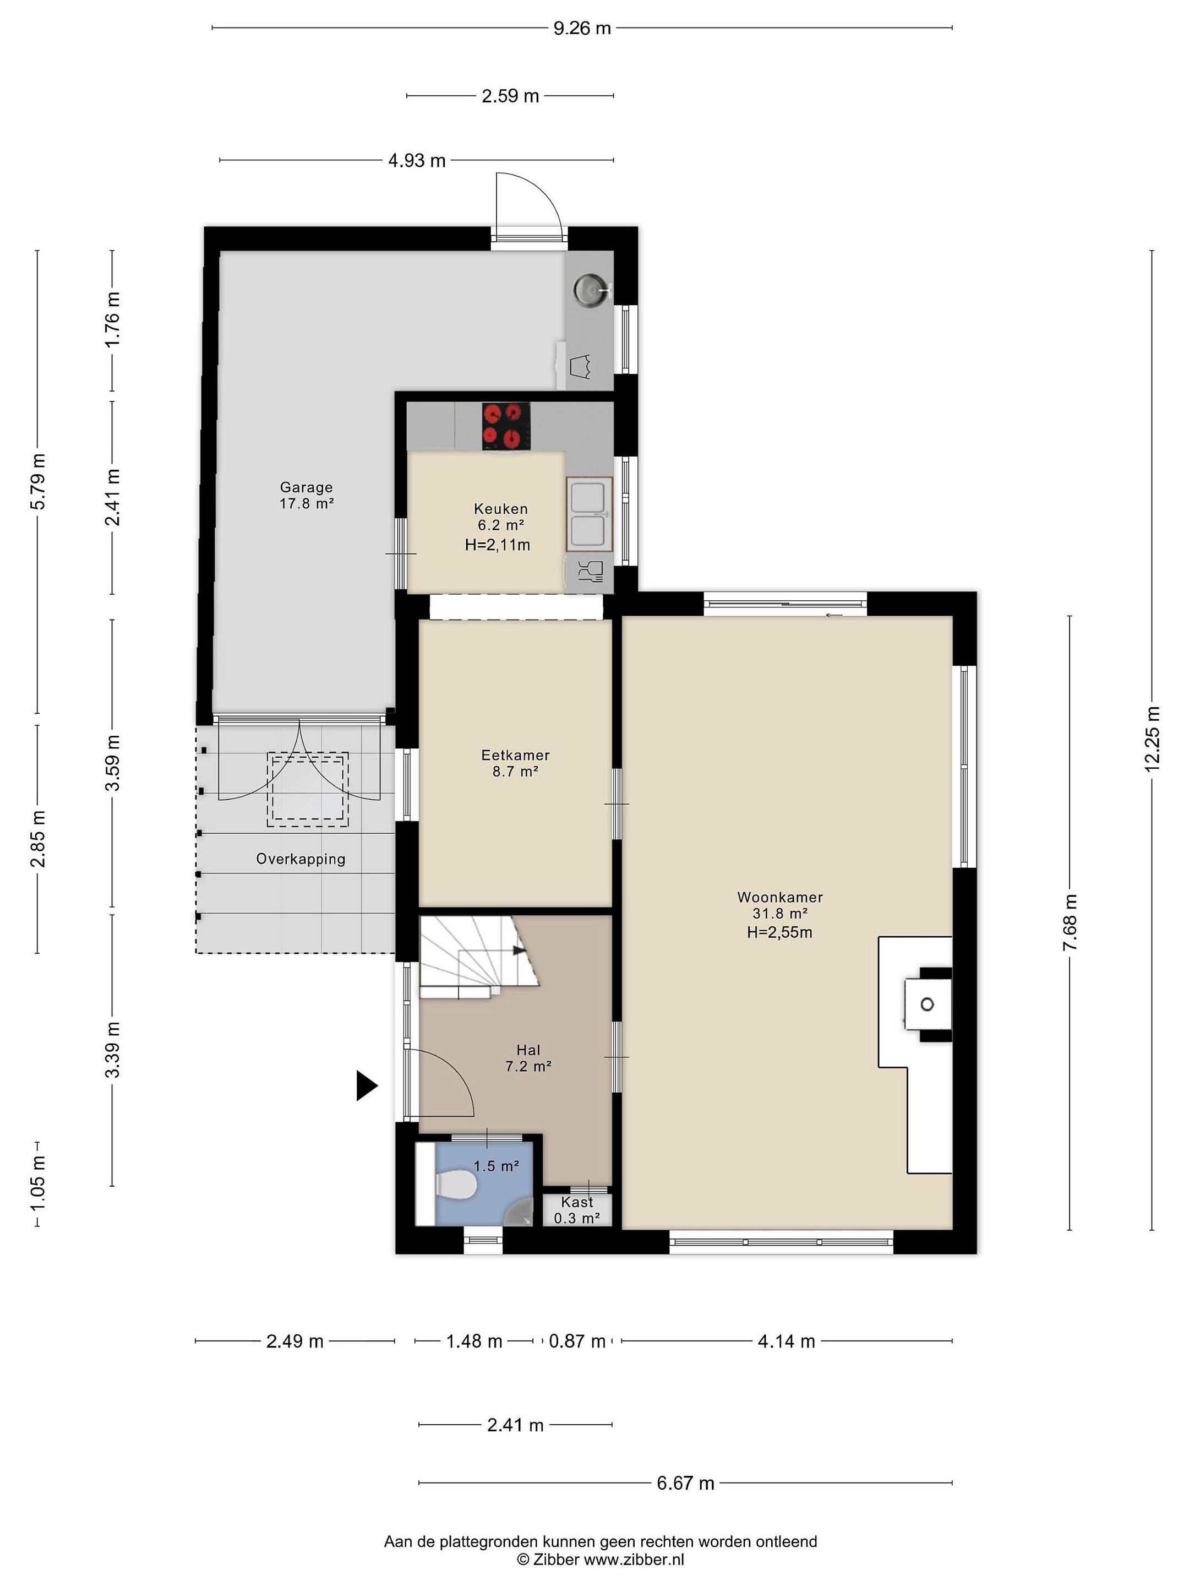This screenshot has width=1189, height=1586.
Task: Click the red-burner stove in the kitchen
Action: pyautogui.click(x=505, y=426)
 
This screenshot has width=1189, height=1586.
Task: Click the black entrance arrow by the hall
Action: pyautogui.click(x=366, y=1085)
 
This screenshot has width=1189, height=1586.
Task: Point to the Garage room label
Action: pyautogui.click(x=306, y=487)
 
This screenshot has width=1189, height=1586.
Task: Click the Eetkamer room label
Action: pyautogui.click(x=515, y=755)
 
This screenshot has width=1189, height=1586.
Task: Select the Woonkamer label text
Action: pyautogui.click(x=780, y=897)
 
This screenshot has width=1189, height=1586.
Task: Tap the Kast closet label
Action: pyautogui.click(x=577, y=1202)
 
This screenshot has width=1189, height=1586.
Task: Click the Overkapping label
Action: pyautogui.click(x=301, y=859)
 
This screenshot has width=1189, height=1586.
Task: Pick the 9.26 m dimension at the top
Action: pyautogui.click(x=582, y=29)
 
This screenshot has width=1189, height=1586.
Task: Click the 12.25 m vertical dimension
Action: pyautogui.click(x=1152, y=739)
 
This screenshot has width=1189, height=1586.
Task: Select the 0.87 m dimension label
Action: pyautogui.click(x=577, y=1341)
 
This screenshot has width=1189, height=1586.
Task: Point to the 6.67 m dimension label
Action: pyautogui.click(x=686, y=1483)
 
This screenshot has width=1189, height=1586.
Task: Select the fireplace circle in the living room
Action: pyautogui.click(x=926, y=1004)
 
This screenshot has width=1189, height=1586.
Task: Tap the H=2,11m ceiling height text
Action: pyautogui.click(x=498, y=545)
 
